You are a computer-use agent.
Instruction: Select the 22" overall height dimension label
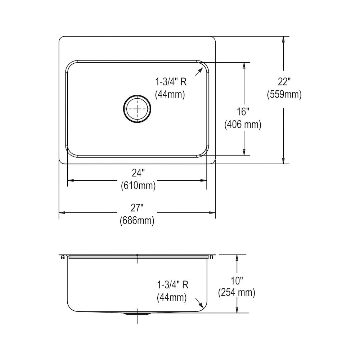coord(284,81)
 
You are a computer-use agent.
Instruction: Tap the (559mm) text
coord(284,94)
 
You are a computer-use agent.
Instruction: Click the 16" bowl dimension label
coord(243,112)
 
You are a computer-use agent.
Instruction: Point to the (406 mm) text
coord(243,125)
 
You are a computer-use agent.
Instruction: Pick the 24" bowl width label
coord(137,173)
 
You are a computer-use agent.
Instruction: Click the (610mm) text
coord(138,185)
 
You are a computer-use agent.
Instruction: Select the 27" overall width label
coord(137,208)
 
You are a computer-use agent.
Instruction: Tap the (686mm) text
coord(137,221)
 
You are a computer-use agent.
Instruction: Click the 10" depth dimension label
coord(237,280)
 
